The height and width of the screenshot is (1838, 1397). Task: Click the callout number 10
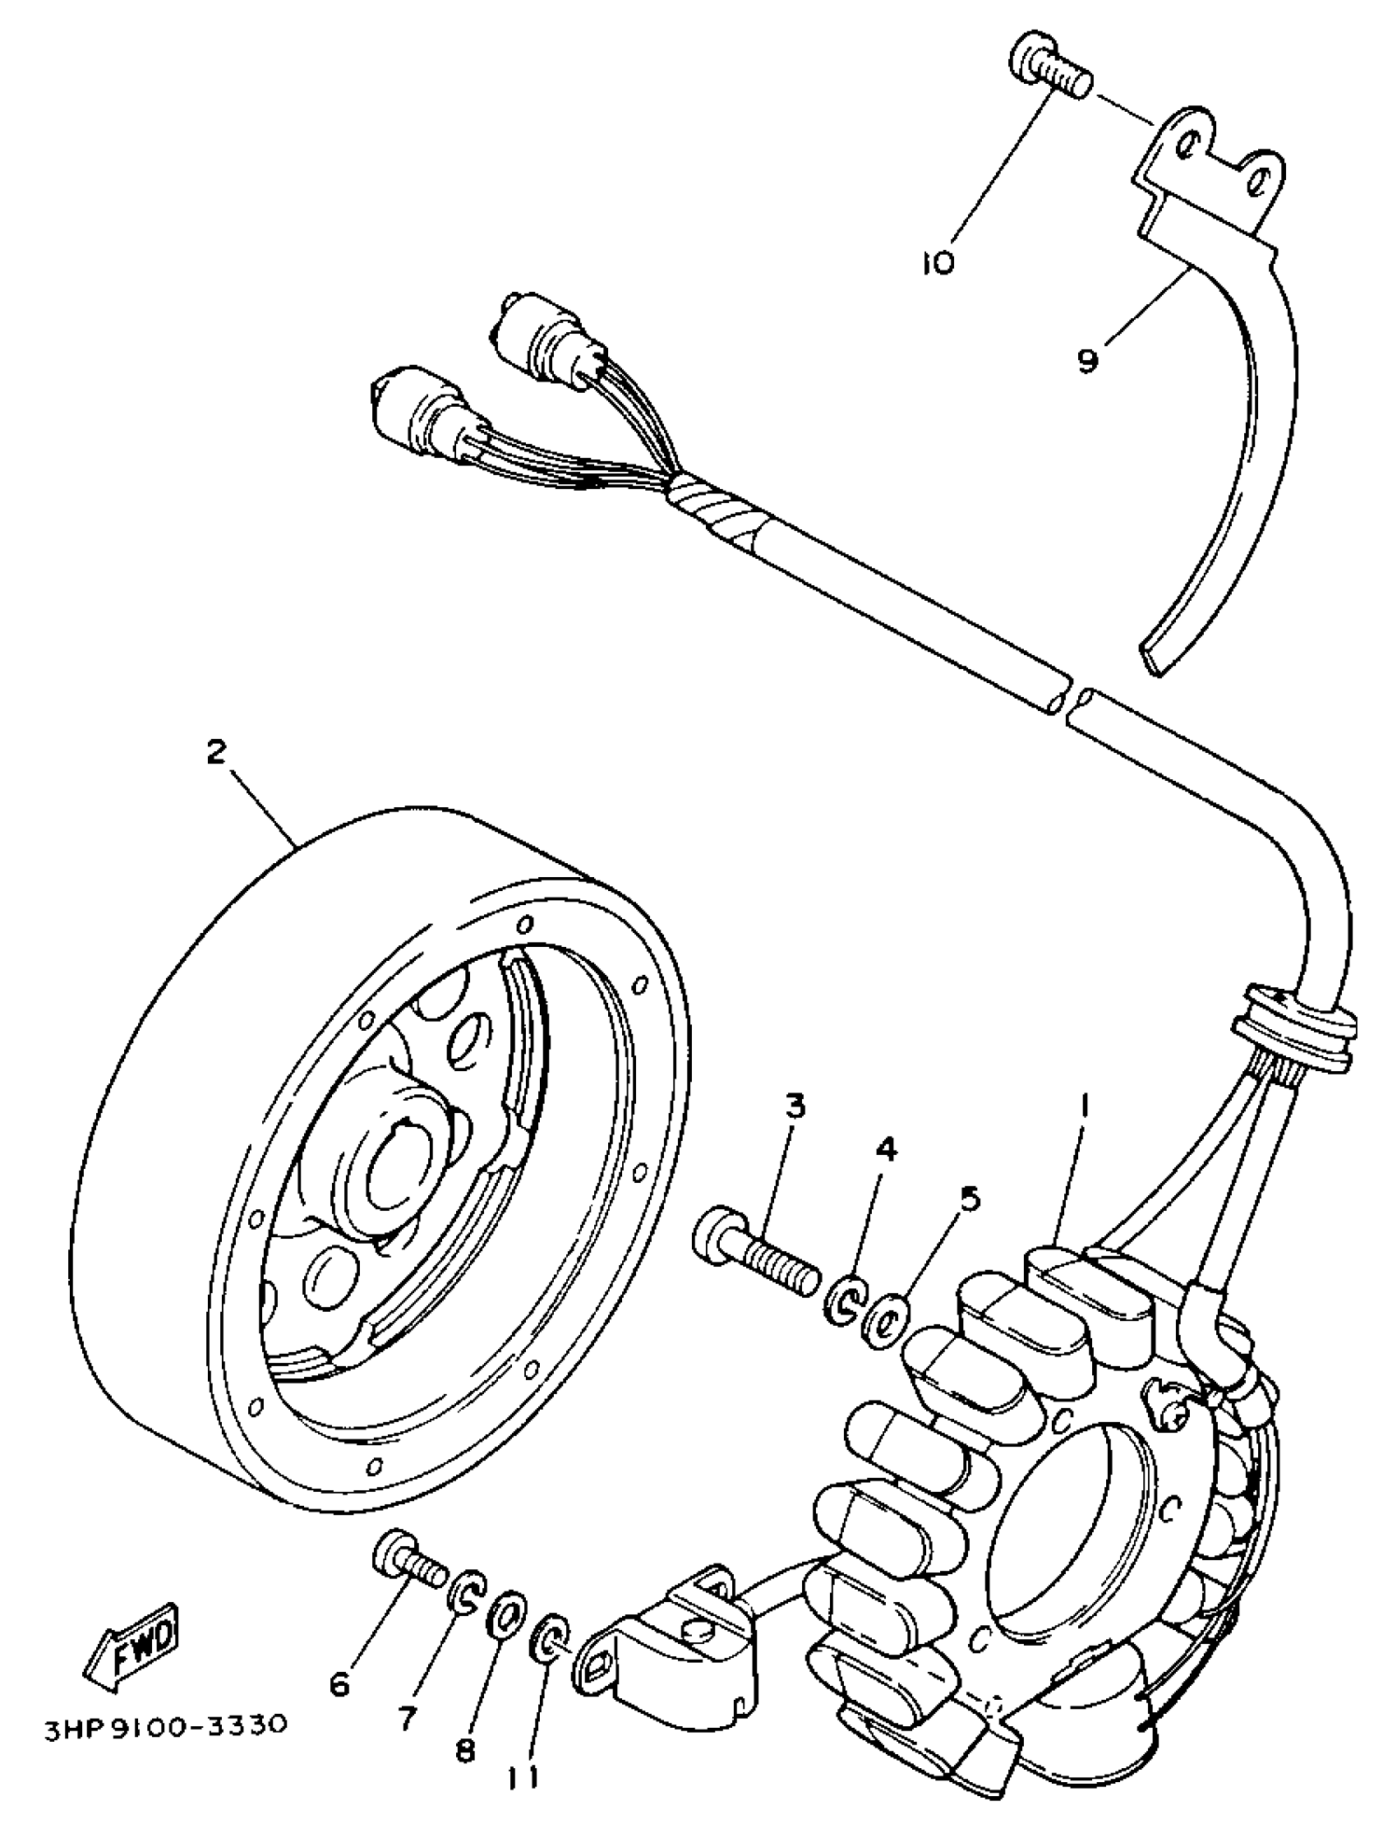(x=938, y=264)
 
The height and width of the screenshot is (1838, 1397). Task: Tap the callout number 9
(x=1088, y=359)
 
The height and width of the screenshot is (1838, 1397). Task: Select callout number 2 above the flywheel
(x=215, y=753)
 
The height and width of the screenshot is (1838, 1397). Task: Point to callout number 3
(x=795, y=1107)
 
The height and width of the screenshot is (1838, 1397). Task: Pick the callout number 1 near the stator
(x=1084, y=1106)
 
